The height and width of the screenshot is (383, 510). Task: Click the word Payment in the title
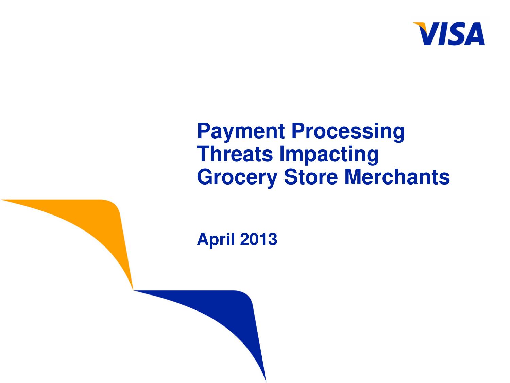pyautogui.click(x=241, y=131)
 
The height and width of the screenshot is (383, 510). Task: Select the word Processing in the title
pyautogui.click(x=348, y=132)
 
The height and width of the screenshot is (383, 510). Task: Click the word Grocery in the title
pyautogui.click(x=237, y=178)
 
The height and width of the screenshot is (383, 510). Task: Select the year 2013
pyautogui.click(x=259, y=239)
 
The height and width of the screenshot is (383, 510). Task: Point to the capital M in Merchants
pyautogui.click(x=354, y=177)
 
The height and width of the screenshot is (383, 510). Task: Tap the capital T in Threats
pyautogui.click(x=204, y=154)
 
